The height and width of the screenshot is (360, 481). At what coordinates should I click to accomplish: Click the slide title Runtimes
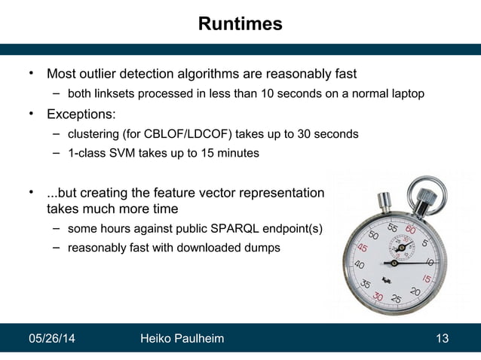click(x=240, y=24)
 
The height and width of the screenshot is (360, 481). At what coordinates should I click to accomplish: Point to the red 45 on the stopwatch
click(x=363, y=248)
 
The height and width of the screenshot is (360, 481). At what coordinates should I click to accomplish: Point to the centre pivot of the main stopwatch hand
click(x=394, y=264)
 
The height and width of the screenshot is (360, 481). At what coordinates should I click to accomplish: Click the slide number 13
click(x=443, y=339)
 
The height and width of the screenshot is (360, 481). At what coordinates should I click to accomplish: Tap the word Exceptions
click(x=81, y=115)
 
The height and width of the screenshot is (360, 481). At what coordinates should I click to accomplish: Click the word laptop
click(x=406, y=94)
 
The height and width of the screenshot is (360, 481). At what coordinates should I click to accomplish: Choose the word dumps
click(x=261, y=247)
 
